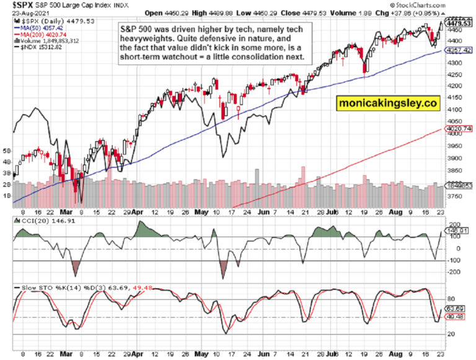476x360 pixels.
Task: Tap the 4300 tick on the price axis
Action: pos(456,63)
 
